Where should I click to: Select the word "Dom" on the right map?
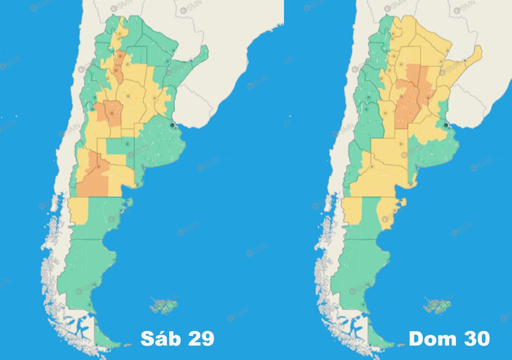(431, 338)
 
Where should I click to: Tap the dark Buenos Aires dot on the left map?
(173, 125)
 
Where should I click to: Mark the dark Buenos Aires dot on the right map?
(446, 125)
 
